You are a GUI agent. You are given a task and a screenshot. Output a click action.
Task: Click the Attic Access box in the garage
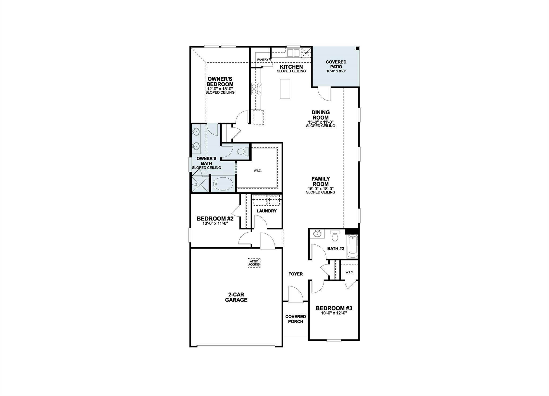[x=254, y=263]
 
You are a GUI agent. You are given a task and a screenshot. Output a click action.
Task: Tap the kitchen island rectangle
[x=285, y=89]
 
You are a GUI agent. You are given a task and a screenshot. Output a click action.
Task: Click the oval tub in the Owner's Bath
[x=223, y=184]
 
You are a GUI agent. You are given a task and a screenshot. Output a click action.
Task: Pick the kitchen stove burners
[x=256, y=89]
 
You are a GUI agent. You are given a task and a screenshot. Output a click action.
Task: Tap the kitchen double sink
[x=293, y=53]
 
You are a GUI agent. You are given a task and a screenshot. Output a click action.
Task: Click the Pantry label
[x=263, y=60]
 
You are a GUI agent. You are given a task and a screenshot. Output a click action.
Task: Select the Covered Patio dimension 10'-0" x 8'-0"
[x=336, y=71]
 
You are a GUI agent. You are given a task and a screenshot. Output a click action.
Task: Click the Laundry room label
[x=266, y=211]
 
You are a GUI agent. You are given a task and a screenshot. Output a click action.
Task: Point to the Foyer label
[x=295, y=274]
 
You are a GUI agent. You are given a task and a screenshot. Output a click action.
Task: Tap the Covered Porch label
[x=295, y=319]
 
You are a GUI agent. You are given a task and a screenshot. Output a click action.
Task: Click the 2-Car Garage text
[x=236, y=297]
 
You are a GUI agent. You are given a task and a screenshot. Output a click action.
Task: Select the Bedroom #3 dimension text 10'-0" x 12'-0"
[x=334, y=313]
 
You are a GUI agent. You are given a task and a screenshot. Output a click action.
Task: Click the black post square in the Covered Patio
[x=357, y=49]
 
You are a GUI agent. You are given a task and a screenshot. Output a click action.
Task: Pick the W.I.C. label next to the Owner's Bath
[x=258, y=171]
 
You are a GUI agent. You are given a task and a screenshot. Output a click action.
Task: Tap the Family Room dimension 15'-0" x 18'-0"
[x=320, y=189]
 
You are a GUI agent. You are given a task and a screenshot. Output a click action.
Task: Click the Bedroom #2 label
[x=215, y=219]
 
